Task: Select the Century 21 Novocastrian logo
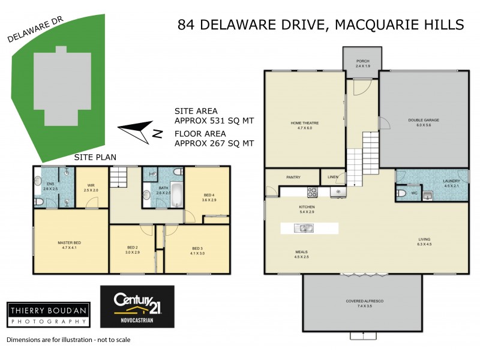pos(137,307)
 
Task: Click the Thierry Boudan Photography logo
pos(48,314)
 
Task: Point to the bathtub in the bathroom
pos(176,196)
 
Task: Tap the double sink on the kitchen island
pos(304,228)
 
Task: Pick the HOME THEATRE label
pos(305,123)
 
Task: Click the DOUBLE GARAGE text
pos(424,120)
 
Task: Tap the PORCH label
pos(362,61)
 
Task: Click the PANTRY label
pos(293,177)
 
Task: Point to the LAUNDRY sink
pos(428,195)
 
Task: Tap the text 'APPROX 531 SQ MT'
pos(214,121)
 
